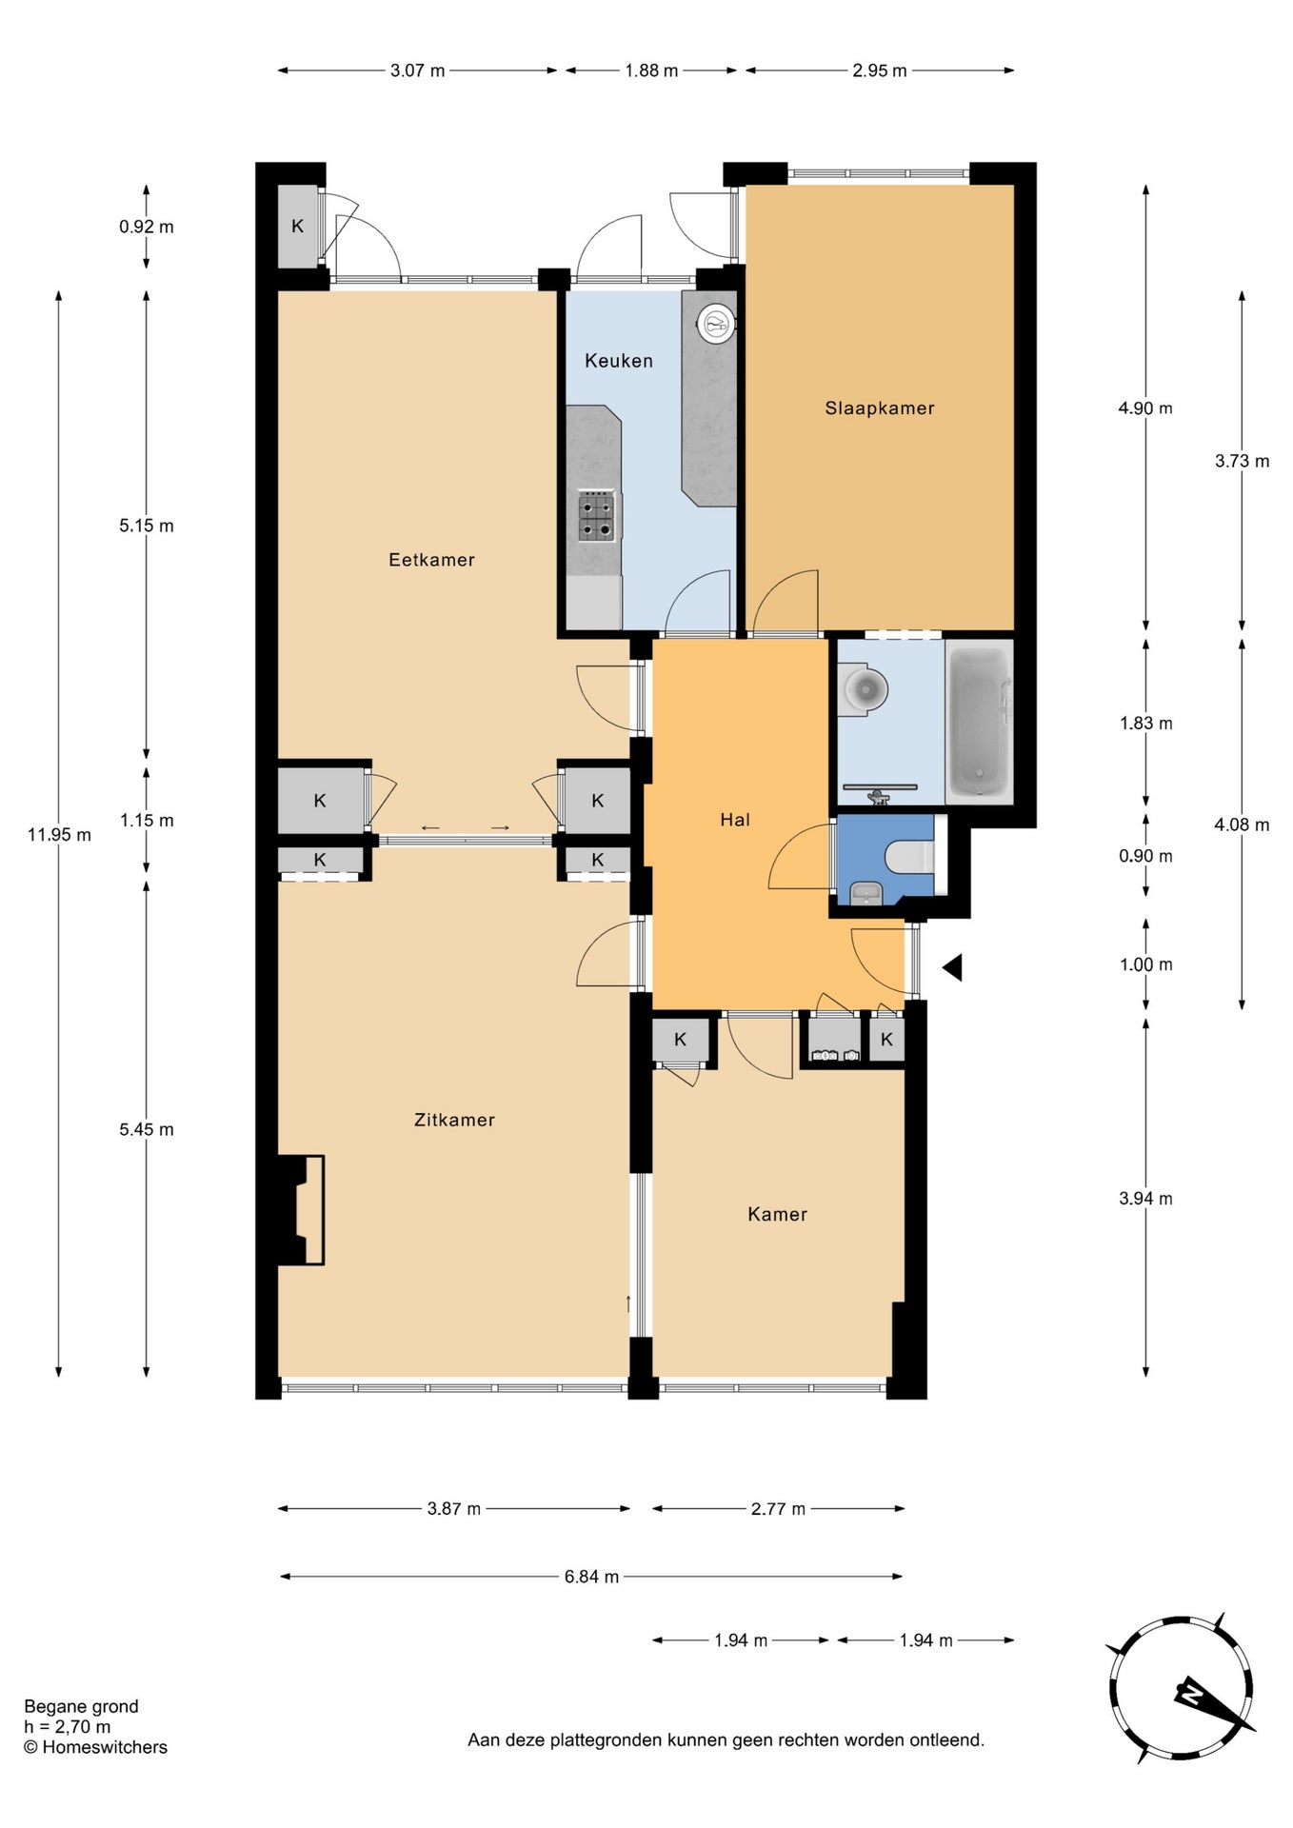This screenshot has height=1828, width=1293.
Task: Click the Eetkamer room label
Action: (x=431, y=560)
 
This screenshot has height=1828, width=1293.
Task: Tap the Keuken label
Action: (x=619, y=361)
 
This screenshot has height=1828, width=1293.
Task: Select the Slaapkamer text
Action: (x=880, y=408)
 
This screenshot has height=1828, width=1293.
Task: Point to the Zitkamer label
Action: (x=454, y=1120)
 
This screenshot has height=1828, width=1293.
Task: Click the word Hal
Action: (x=735, y=820)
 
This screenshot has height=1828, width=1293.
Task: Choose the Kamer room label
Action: (x=777, y=1214)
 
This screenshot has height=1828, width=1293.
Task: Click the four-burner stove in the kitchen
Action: (x=598, y=517)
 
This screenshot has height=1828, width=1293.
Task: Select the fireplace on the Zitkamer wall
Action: (x=301, y=1210)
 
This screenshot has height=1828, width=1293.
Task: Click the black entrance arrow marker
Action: (x=953, y=967)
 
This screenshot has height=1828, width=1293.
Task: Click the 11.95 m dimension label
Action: (x=59, y=835)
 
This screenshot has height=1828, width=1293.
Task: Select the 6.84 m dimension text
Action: (x=591, y=1577)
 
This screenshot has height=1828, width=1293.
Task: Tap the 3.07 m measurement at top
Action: (x=417, y=70)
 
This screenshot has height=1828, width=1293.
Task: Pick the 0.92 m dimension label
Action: (x=147, y=227)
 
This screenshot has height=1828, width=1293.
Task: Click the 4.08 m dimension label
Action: (x=1242, y=825)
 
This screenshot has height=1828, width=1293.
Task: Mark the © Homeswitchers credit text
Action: (x=95, y=1747)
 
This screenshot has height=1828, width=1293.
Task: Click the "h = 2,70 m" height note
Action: (x=67, y=1727)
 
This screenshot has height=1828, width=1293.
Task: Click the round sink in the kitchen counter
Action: (x=715, y=324)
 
